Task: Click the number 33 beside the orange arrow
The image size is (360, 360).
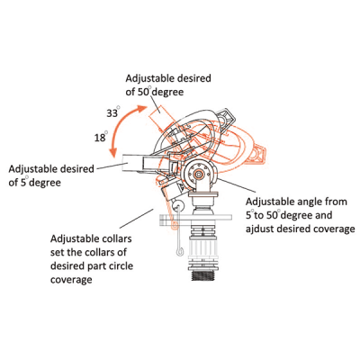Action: coord(112,113)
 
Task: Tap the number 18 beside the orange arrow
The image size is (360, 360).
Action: coord(100,138)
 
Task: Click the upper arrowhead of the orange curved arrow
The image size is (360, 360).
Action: coord(142,109)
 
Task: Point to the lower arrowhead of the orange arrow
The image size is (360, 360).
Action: coord(113,153)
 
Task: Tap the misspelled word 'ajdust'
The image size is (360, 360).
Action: coord(259,229)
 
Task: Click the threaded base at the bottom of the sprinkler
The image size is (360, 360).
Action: coord(203,275)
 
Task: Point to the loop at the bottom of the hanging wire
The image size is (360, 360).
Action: coord(179,251)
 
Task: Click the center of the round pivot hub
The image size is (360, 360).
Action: coord(198,174)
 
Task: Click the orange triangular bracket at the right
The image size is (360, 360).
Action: coord(256,154)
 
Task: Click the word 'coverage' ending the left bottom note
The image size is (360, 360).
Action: coord(71,280)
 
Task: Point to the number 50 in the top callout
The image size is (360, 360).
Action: coord(143,92)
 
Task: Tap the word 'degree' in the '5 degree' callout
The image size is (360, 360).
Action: coord(45,183)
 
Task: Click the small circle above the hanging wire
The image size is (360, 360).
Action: coord(178,205)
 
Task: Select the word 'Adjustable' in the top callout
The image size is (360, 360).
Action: coord(149,78)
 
